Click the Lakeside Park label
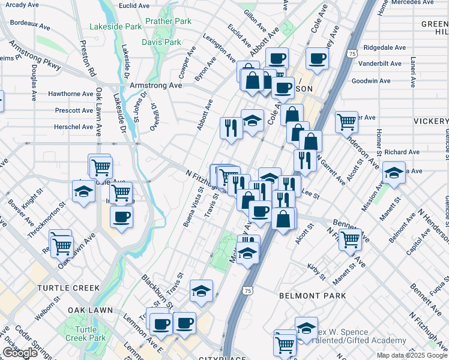(x=116, y=26)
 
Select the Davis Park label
(x=161, y=42)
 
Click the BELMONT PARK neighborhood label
(x=312, y=296)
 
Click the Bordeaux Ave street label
(x=30, y=25)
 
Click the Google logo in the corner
(x=20, y=353)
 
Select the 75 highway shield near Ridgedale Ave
(x=352, y=53)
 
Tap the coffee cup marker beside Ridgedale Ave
(x=317, y=58)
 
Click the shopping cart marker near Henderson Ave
(x=346, y=121)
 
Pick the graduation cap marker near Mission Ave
(x=393, y=173)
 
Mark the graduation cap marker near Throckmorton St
(x=83, y=192)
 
